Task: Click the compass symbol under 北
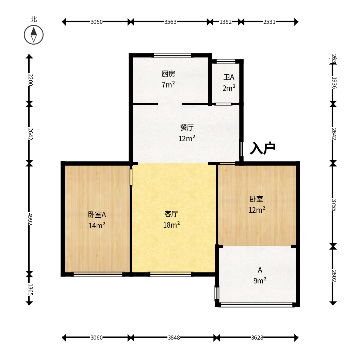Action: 34,35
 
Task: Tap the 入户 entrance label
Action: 263,148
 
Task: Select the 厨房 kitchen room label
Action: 168,74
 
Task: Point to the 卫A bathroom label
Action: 229,77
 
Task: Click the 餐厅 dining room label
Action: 187,127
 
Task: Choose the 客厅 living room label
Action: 171,214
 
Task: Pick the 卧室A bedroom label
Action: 97,215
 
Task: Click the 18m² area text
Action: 171,225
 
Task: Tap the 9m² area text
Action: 260,280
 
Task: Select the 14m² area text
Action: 97,225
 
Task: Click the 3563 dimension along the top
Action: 170,22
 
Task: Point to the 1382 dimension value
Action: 226,22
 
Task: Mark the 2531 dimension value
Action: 269,22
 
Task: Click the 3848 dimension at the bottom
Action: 174,338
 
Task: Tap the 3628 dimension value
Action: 257,338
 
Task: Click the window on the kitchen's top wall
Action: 172,55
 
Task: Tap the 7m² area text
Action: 168,84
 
